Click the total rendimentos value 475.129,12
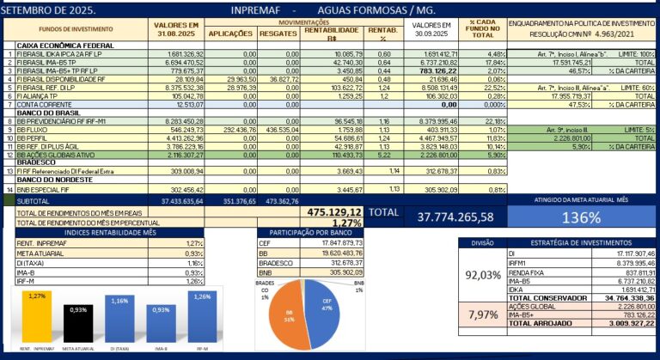(x=334, y=211)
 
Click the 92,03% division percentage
(x=483, y=275)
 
